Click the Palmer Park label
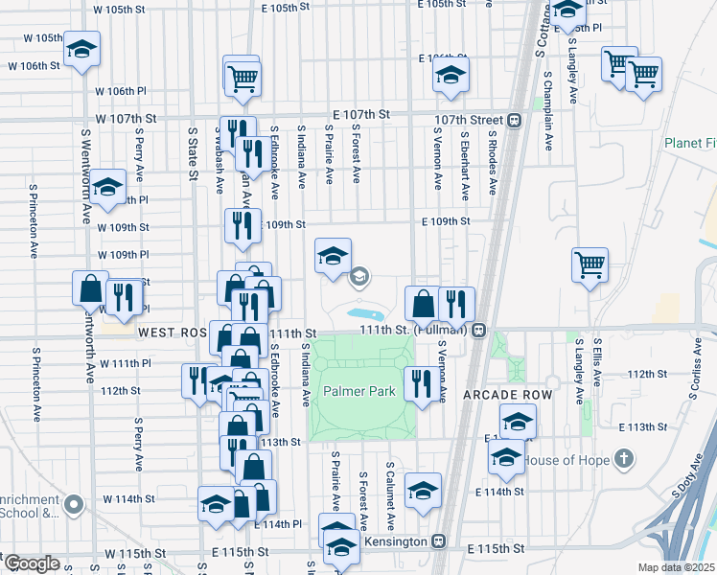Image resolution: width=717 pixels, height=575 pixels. [358, 392]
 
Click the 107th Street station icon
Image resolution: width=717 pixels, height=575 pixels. [515, 121]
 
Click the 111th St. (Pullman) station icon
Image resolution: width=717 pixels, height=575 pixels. [477, 330]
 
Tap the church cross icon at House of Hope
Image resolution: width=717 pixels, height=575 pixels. [623, 459]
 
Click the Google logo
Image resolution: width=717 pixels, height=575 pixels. [31, 563]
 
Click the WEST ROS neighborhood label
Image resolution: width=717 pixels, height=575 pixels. [173, 333]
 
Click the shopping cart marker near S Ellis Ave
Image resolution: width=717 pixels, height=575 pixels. [590, 264]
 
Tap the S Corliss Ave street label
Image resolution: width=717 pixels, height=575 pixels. [694, 374]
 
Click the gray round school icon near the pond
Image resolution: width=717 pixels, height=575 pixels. [359, 278]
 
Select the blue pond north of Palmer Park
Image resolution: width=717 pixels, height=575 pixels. [364, 313]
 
